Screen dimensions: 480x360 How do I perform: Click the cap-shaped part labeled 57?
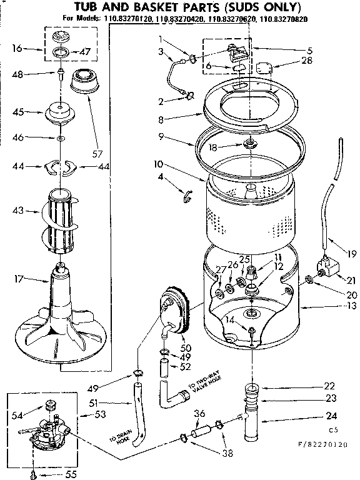[x=90, y=82]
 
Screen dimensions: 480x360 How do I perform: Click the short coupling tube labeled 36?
[x=201, y=431]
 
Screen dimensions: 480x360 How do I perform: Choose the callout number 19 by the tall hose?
[x=350, y=254]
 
